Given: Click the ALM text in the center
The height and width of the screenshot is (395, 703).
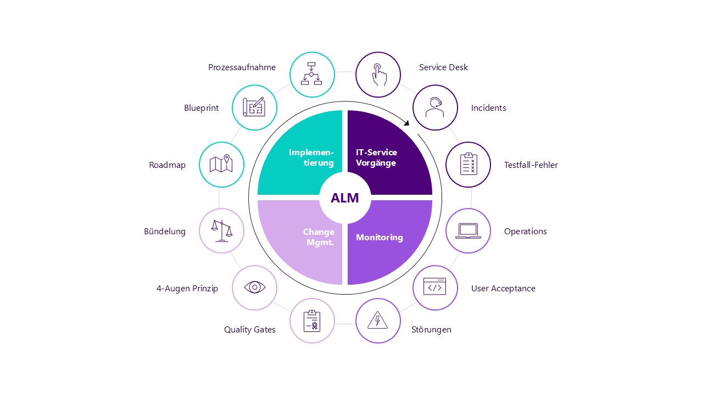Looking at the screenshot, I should (345, 198).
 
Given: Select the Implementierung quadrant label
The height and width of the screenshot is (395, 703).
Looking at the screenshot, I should (311, 157).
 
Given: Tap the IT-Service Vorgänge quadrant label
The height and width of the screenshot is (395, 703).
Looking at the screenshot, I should (376, 157).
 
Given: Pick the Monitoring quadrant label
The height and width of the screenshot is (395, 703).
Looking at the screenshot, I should (380, 238).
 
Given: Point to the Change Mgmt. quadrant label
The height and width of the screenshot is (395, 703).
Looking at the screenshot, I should (319, 237).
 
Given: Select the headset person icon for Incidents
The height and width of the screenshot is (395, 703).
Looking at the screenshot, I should (435, 108).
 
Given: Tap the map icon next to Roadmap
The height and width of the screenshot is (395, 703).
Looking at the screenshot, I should (221, 165).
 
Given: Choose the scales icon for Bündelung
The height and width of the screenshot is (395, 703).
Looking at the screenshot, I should (221, 231).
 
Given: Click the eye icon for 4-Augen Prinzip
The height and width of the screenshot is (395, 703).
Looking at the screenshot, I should (254, 287).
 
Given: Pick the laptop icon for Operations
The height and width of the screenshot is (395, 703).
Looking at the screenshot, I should (468, 231).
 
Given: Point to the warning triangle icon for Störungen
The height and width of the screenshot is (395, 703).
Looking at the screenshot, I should (378, 320).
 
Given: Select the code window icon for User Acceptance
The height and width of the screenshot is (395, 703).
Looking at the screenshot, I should (435, 287).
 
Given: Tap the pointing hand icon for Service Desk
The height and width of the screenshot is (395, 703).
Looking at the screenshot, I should (378, 75).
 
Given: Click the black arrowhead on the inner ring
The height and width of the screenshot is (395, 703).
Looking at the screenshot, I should (406, 123).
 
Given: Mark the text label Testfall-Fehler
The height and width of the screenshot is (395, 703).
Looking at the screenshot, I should (531, 165).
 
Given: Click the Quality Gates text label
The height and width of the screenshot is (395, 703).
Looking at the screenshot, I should (250, 330).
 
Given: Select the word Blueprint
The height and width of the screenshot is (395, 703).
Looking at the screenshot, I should (202, 108).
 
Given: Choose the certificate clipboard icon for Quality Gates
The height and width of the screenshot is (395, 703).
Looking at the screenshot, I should (312, 320).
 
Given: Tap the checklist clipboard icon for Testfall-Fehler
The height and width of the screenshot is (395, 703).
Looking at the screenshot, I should (468, 165).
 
